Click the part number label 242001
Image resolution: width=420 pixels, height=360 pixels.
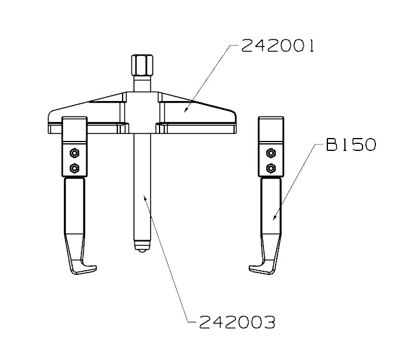pos(278,46)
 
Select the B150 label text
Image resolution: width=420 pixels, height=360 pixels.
pos(351,145)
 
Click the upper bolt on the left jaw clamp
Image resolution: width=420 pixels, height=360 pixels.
pos(74,154)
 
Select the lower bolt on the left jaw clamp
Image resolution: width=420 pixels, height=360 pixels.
pos(74,169)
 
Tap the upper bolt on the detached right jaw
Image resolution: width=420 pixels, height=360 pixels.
pos(270,154)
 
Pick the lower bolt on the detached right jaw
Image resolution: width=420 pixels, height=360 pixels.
pos(270,169)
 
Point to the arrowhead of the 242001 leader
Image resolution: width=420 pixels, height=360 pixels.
pos(185,110)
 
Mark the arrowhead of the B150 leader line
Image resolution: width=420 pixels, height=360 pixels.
pos(273,220)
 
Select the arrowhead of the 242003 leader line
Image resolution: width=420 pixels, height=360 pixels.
pos(143,196)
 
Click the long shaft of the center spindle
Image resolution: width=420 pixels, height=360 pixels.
pos(140,188)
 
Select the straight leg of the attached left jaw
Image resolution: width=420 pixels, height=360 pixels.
pos(74,211)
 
